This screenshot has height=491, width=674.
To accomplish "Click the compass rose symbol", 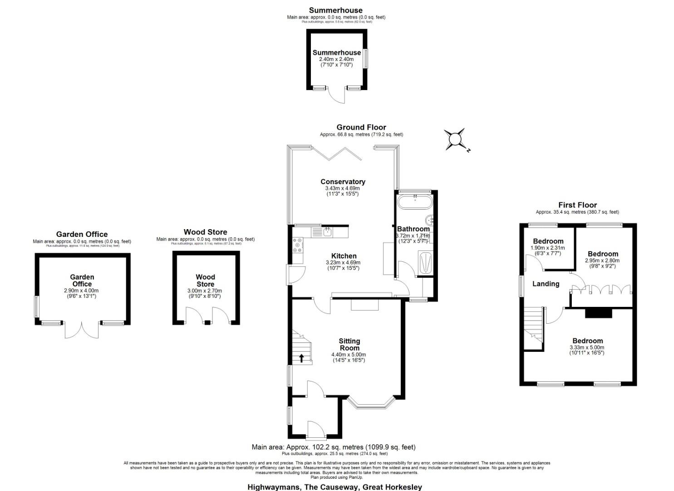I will (x=455, y=139).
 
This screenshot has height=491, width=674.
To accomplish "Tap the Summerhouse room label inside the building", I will (x=336, y=53).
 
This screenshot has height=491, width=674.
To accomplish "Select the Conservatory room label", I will (x=343, y=182).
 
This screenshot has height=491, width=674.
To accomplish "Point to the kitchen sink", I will (x=326, y=232).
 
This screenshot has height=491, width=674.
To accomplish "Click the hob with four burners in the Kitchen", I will (x=298, y=245).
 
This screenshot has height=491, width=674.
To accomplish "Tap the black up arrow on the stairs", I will (x=301, y=358).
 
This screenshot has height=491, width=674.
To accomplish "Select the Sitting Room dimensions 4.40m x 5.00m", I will (x=349, y=355).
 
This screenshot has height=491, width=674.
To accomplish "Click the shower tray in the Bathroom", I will (x=425, y=263).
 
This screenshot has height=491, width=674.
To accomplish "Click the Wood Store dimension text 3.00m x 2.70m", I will (x=205, y=291).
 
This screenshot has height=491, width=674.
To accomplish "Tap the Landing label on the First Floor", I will (x=546, y=284).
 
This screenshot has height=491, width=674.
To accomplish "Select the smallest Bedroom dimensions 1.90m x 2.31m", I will (x=548, y=248).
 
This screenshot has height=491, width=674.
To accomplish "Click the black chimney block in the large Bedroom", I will (x=598, y=313).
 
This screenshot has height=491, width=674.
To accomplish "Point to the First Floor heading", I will (x=577, y=205).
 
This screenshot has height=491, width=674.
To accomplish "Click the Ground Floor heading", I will (x=361, y=127).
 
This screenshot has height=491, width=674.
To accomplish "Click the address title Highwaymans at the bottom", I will (x=335, y=487).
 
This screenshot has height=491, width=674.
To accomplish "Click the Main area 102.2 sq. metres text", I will (x=334, y=447).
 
